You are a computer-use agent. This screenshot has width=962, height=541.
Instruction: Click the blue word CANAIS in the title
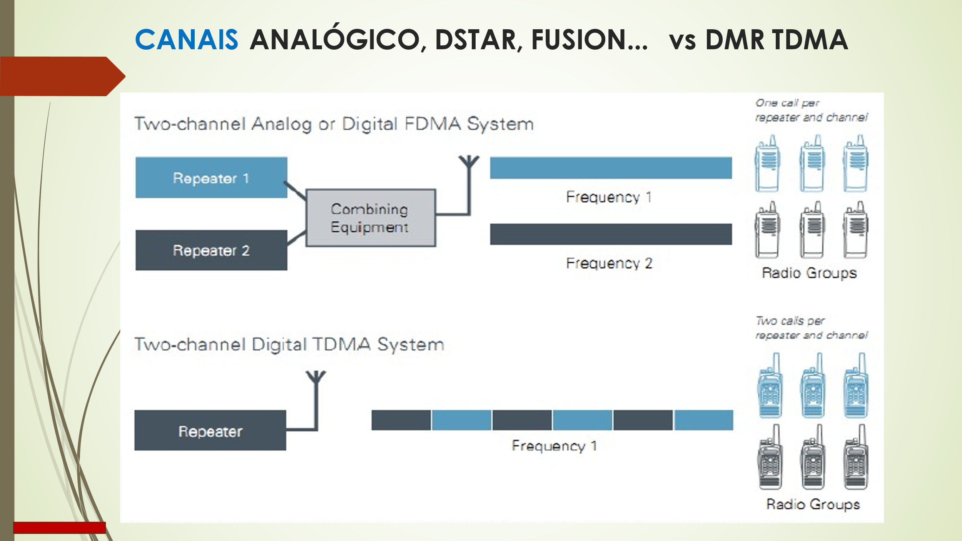point(187,40)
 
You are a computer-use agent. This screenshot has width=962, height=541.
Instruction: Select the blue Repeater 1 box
point(211,178)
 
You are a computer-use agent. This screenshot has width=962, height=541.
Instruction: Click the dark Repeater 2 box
point(211,250)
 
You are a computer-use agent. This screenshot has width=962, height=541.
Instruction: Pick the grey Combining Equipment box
point(370,218)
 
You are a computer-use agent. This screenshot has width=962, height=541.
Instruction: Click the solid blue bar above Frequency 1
point(611,168)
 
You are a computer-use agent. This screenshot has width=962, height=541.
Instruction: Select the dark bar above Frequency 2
point(611,234)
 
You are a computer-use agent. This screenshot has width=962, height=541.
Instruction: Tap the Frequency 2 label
point(609,264)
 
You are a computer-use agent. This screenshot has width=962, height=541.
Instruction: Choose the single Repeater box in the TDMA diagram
point(210,431)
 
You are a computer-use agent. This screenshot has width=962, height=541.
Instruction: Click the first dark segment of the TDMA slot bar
point(401,420)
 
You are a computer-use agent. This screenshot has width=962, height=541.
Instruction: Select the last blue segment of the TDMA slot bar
point(704,420)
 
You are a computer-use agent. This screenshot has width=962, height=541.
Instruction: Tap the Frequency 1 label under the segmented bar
point(554,446)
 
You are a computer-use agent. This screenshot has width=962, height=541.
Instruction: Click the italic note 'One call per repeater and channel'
point(811,110)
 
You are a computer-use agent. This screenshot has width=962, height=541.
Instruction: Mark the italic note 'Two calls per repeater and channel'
point(811,328)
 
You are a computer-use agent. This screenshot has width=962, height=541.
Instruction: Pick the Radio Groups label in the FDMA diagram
point(809,273)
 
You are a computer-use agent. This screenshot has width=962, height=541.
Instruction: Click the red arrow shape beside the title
point(62,76)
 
